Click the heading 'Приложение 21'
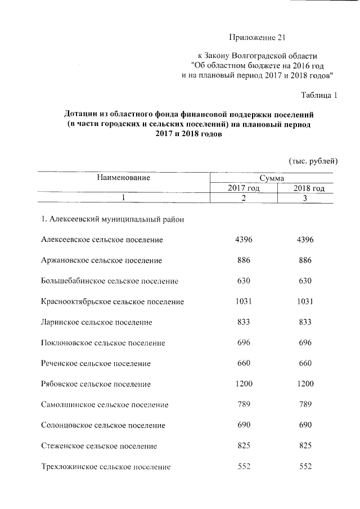pos(258,38)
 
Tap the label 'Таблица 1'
pos(319,94)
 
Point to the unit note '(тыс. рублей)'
pos(313,161)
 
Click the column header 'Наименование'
pos(123,178)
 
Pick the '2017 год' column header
pos(243,188)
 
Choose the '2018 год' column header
pos(309,188)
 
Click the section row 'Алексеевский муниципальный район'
pos(112,219)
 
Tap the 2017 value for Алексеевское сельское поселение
pos(243,240)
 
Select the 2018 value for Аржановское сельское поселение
pos(305,260)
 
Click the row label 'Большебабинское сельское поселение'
pos(110,281)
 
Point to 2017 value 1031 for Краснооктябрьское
pos(243,301)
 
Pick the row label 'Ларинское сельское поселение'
pos(97,323)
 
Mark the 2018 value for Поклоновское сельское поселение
pos(305,343)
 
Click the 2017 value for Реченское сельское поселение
pos(243,363)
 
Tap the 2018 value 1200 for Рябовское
pos(305,384)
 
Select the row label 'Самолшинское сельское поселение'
pos(105,405)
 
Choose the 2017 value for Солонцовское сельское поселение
pos(243,425)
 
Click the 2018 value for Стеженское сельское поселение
pos(305,446)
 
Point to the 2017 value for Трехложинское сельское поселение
pos(243,466)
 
